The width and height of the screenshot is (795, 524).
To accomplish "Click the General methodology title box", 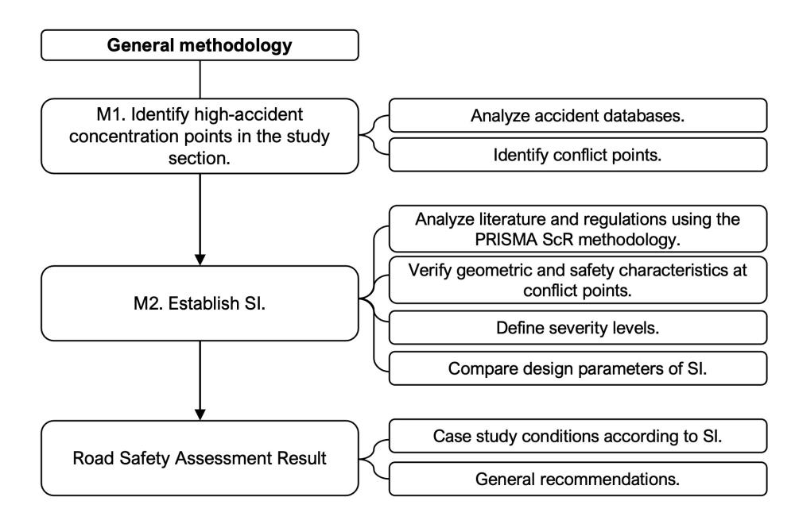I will click(x=200, y=44).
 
